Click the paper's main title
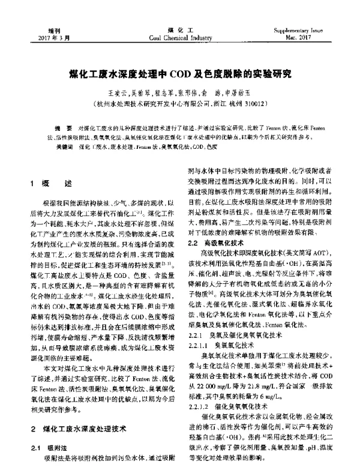pyautogui.click(x=180, y=77)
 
